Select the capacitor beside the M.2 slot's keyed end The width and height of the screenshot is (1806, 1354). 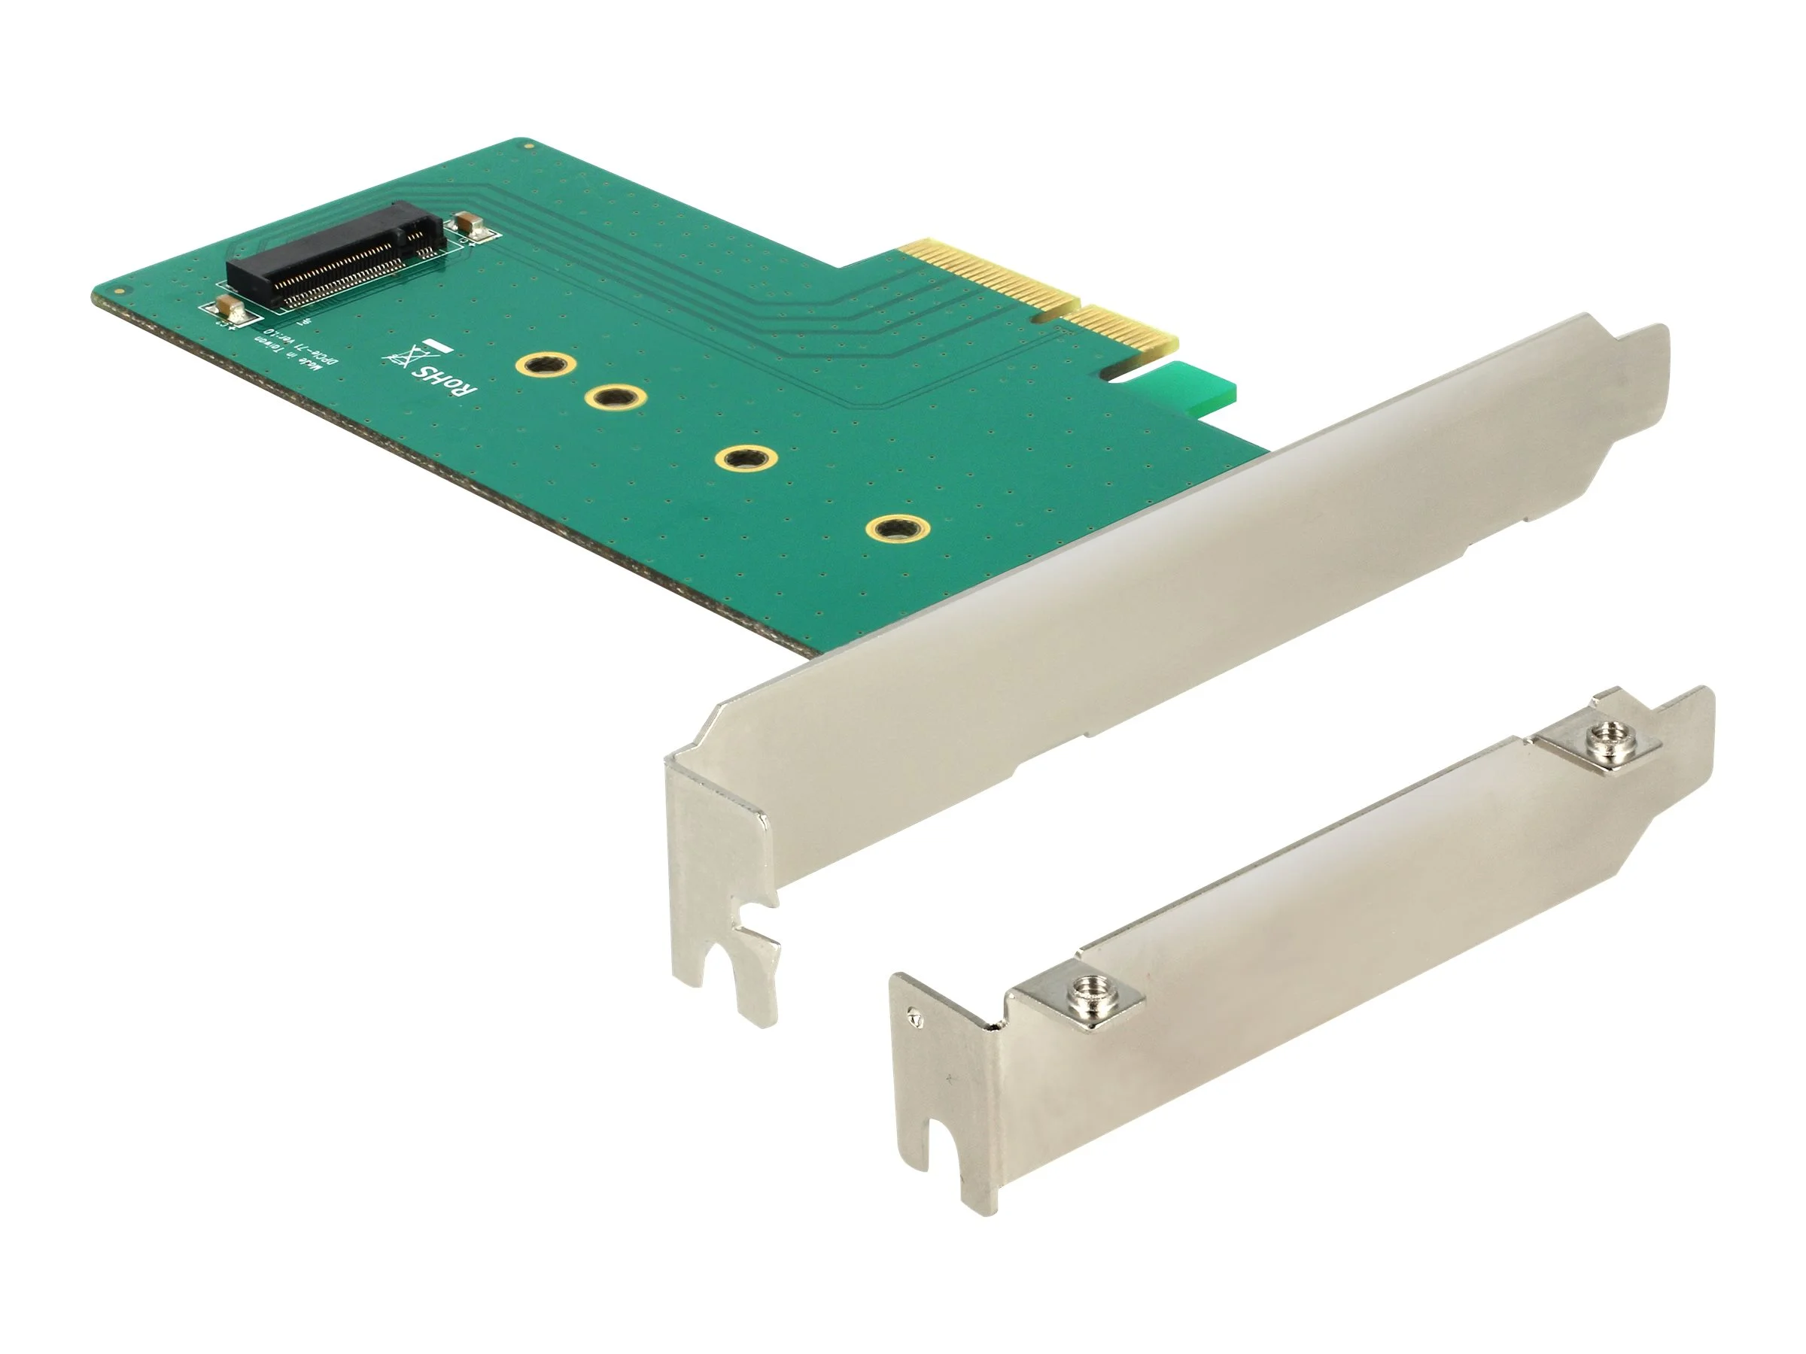(x=471, y=224)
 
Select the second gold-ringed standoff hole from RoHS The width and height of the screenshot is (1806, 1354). (x=616, y=398)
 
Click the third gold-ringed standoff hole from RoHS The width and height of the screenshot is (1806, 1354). (x=746, y=459)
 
